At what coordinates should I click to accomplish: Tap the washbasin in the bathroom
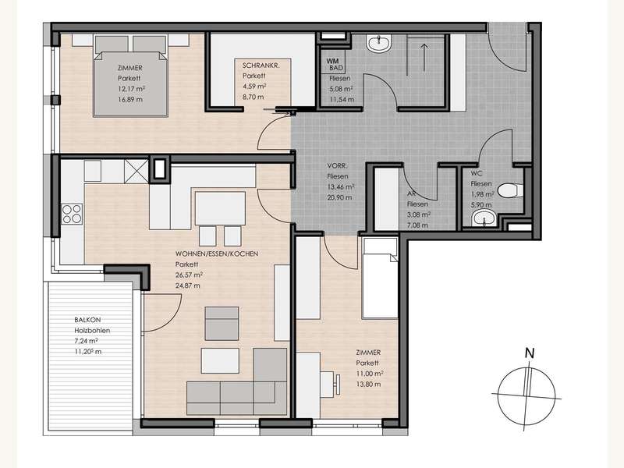pyautogui.click(x=379, y=44)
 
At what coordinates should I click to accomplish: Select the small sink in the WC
pyautogui.click(x=483, y=218)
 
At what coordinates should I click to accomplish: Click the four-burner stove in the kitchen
pyautogui.click(x=72, y=213)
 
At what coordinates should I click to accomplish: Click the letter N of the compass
pyautogui.click(x=530, y=353)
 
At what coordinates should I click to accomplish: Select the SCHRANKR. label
pyautogui.click(x=261, y=66)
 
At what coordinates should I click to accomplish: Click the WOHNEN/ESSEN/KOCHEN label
pyautogui.click(x=217, y=253)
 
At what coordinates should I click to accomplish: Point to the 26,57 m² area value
pyautogui.click(x=189, y=275)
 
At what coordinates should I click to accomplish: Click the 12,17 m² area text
pyautogui.click(x=131, y=89)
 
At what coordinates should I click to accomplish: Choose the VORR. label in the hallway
pyautogui.click(x=338, y=165)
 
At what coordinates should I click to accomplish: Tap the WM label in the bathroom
pyautogui.click(x=332, y=62)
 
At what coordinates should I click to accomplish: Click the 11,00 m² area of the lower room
pyautogui.click(x=370, y=374)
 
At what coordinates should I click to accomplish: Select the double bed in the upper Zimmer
pyautogui.click(x=130, y=76)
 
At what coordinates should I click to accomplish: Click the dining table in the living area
pyautogui.click(x=220, y=208)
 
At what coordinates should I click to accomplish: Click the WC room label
pyautogui.click(x=477, y=173)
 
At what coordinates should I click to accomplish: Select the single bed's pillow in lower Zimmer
pyautogui.click(x=380, y=246)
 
